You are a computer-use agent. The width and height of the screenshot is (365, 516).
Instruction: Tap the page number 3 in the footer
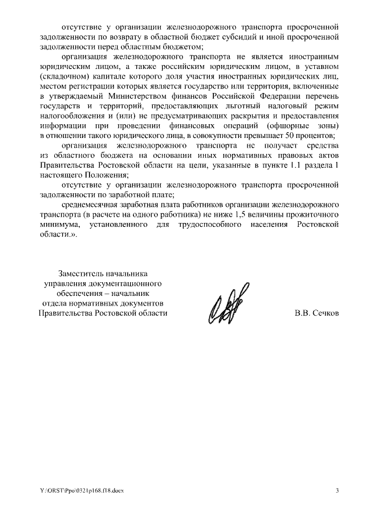(x=337, y=490)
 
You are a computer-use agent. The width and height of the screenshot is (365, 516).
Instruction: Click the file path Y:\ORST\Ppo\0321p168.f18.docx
(x=81, y=490)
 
